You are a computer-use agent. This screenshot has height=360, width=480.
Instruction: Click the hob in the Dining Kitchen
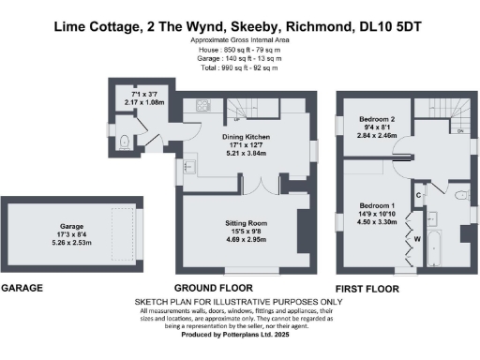tap(202, 104)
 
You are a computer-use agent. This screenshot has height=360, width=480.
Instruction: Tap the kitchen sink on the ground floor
tap(187, 167)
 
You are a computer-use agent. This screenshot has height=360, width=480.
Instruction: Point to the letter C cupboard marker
tap(418, 194)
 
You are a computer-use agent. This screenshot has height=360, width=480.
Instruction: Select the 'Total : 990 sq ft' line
tap(239, 67)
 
